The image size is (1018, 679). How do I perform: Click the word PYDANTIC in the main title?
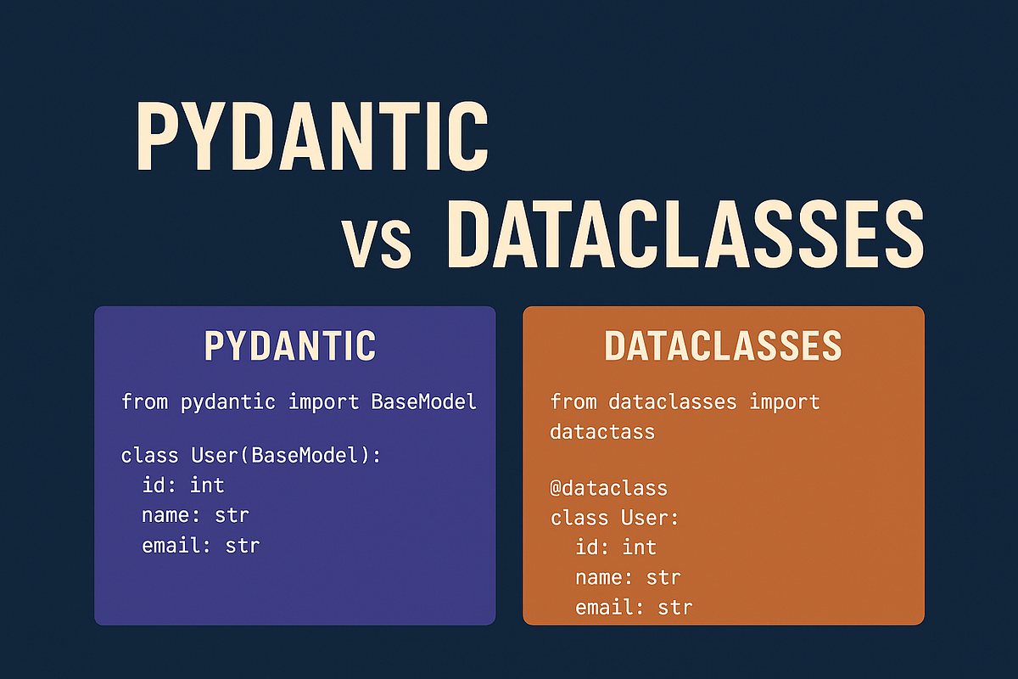[x=311, y=137]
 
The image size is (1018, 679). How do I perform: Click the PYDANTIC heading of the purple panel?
[x=290, y=345]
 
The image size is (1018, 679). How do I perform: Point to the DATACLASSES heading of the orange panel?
[x=723, y=345]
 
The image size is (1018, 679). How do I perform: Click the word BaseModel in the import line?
[x=424, y=401]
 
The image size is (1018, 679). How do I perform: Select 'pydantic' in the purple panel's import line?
[x=228, y=401]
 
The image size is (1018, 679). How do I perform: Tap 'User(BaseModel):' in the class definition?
[x=287, y=456]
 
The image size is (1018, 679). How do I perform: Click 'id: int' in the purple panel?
[x=183, y=485]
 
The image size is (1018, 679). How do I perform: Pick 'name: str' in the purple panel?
[x=195, y=514]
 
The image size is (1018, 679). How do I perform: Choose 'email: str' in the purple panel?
[x=200, y=544]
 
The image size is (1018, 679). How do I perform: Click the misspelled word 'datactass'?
[x=602, y=431]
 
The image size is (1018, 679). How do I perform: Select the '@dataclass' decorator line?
[x=609, y=488]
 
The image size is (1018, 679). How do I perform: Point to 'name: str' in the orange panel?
[x=628, y=577]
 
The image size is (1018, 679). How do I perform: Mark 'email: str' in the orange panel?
[x=633, y=607]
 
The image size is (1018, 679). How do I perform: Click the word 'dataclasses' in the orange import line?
[x=673, y=401]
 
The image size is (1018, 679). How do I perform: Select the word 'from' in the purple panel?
[x=146, y=401]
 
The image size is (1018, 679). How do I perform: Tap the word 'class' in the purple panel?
[x=150, y=456]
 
